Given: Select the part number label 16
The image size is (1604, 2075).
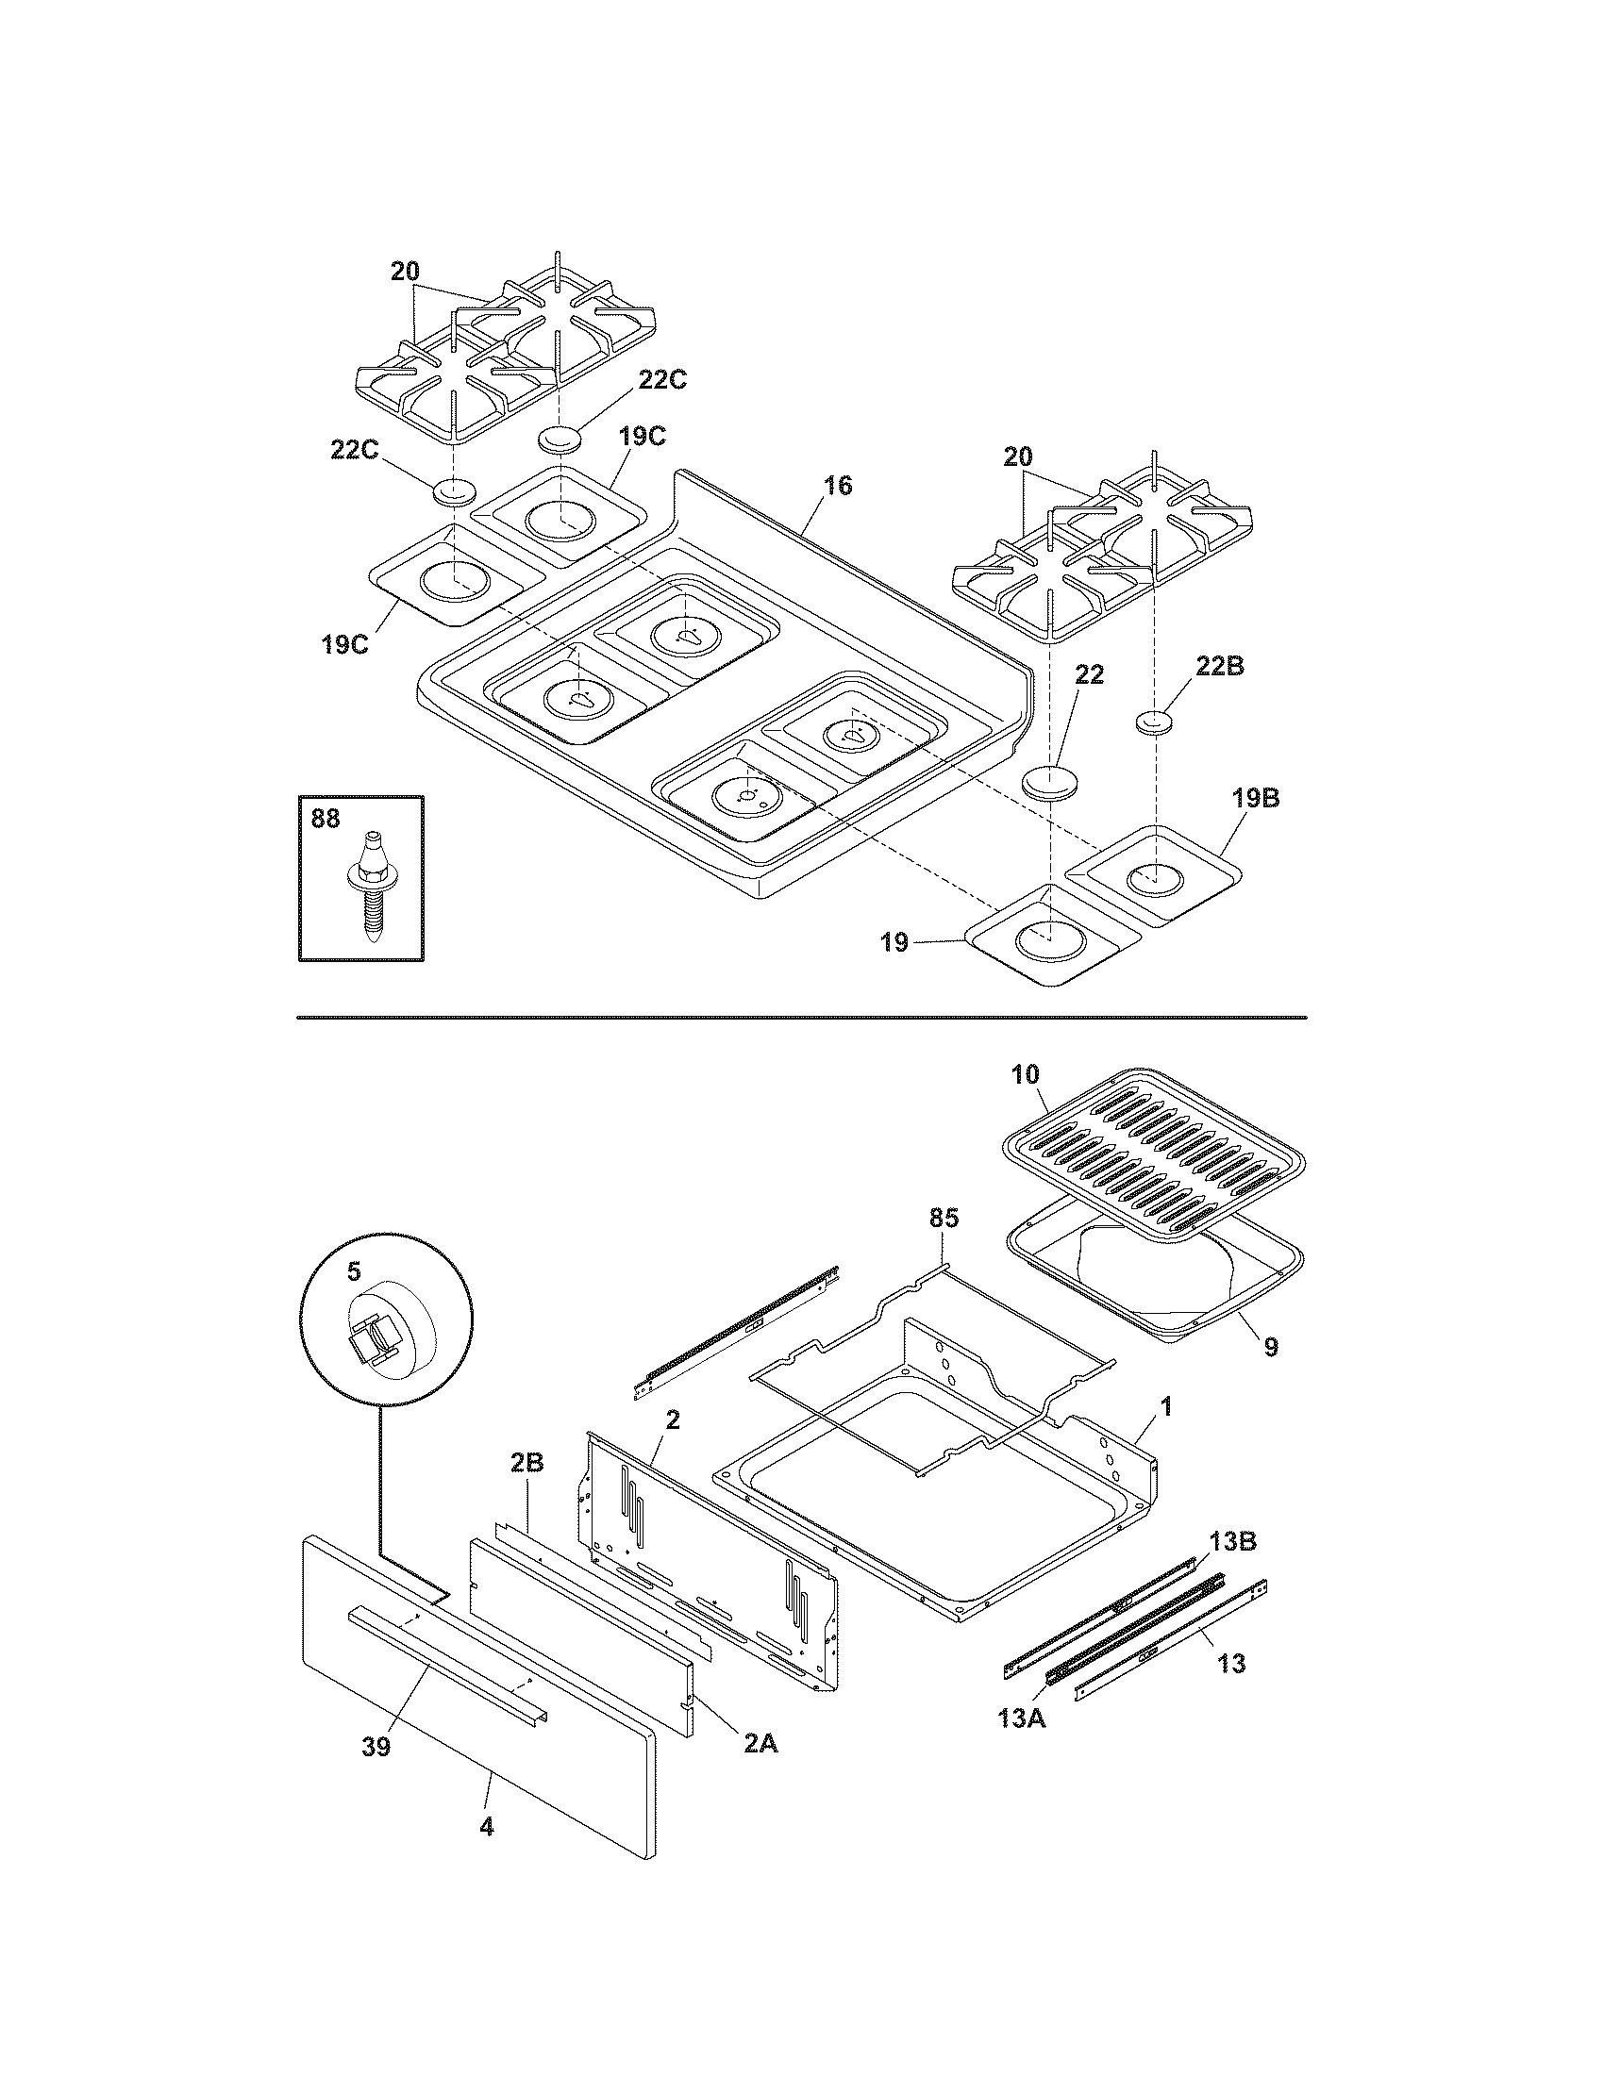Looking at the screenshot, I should [837, 487].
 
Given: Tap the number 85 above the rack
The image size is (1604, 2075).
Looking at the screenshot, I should [944, 1218].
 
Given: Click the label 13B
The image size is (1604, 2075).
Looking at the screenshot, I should [1232, 1541].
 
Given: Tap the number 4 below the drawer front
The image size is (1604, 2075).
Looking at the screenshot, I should [487, 1826].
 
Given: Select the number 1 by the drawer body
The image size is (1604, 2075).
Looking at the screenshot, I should [1166, 1406].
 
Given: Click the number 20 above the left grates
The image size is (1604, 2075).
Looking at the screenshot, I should [404, 272].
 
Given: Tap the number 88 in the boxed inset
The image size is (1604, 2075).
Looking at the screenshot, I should [325, 819].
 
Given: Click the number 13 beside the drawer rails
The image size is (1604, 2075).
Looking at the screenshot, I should [1230, 1663].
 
